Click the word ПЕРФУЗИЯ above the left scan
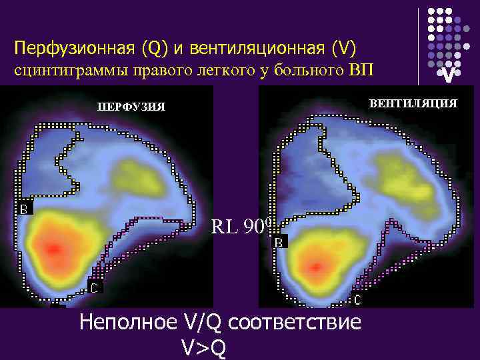[x=131, y=107]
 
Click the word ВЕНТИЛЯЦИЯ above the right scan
[x=413, y=103]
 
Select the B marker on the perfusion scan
[x=24, y=208]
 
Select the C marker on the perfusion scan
[x=96, y=288]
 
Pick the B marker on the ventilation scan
[x=280, y=243]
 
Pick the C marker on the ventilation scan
[x=358, y=300]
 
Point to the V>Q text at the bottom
[x=203, y=346]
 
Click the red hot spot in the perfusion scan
[x=52, y=248]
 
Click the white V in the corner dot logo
[x=450, y=76]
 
